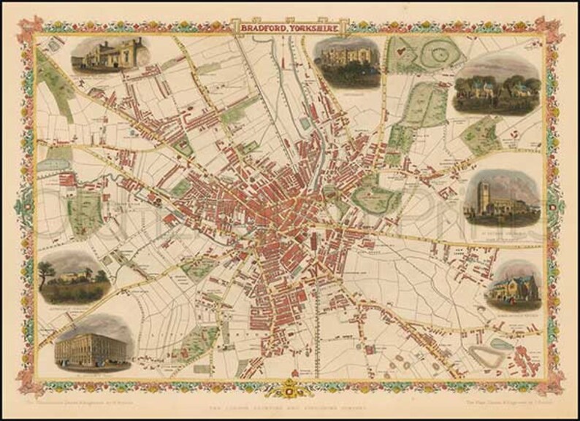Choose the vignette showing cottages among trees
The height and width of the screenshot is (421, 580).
coord(496,90)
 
